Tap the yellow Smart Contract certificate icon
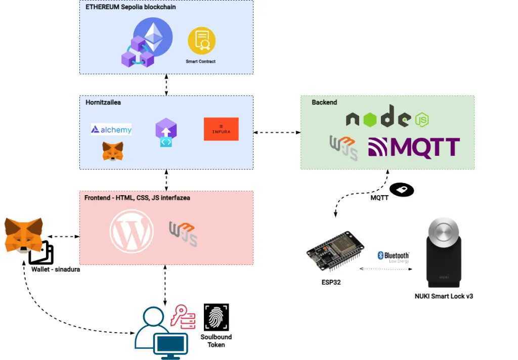(201, 41)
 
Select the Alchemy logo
(111, 129)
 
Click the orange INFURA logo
(221, 129)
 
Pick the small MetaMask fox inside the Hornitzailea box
(113, 151)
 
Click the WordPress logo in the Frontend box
(132, 231)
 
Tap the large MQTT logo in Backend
(414, 147)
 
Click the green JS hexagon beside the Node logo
(422, 120)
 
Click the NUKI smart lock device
(444, 253)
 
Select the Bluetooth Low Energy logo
(393, 256)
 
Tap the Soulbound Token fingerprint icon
(216, 317)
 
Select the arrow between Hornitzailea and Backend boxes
(277, 132)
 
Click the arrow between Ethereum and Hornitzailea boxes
(166, 84)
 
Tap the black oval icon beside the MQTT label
(402, 190)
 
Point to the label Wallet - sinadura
(56, 269)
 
